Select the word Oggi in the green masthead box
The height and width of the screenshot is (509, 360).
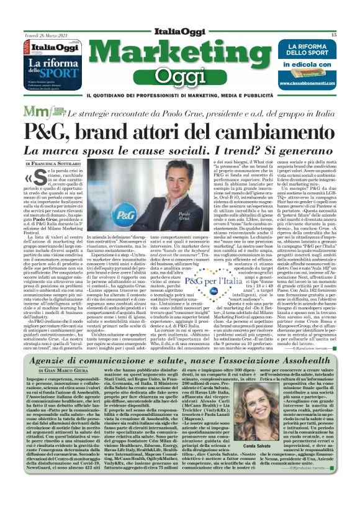pyautogui.click(x=179, y=77)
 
